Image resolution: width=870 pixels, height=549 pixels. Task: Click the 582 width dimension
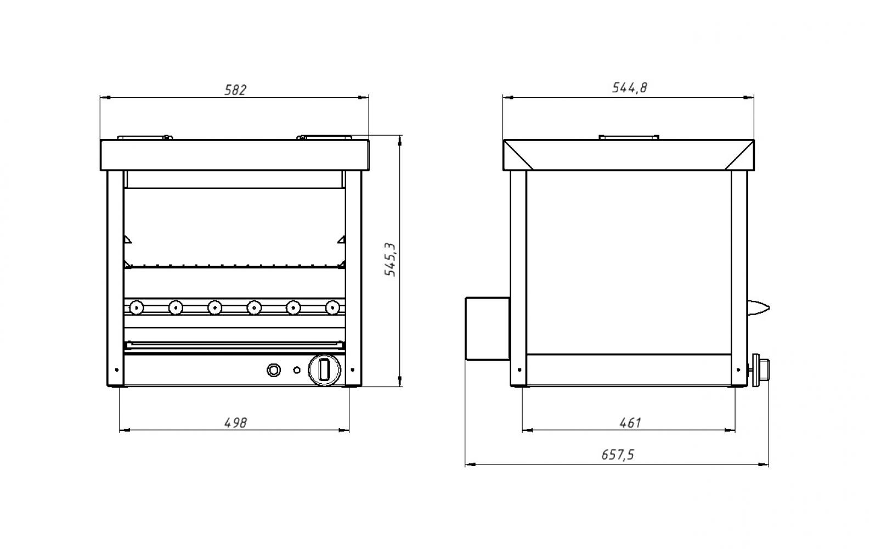[x=235, y=90]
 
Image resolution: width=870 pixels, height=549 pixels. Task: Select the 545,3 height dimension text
[x=390, y=259]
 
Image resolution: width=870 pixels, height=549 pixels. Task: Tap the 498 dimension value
[x=235, y=423]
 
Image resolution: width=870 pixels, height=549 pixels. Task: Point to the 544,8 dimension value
[x=630, y=88]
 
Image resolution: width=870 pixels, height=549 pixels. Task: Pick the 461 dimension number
[x=630, y=423]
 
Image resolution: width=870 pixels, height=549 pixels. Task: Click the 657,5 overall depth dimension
[x=618, y=455]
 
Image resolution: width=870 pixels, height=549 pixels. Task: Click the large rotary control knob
[x=324, y=370]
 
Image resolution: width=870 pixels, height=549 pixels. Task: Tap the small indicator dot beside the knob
[x=297, y=370]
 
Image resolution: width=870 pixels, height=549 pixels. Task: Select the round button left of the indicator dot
[x=274, y=370]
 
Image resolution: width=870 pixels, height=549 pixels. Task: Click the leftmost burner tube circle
[x=137, y=308]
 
